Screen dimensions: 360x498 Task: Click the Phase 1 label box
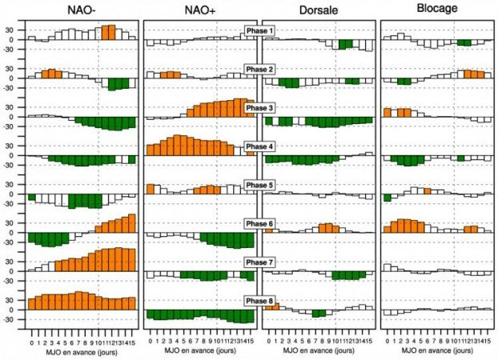tap(259, 30)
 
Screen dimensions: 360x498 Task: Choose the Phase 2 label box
tap(259, 70)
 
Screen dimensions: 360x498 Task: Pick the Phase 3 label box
tap(259, 108)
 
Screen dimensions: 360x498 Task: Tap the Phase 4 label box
tap(259, 146)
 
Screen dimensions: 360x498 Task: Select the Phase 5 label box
tap(259, 185)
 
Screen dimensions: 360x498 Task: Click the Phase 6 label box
tap(259, 223)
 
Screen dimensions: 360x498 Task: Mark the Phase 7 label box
tap(259, 262)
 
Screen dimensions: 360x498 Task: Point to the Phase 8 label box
tap(259, 300)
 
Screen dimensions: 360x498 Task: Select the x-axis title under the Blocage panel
tap(436, 351)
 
